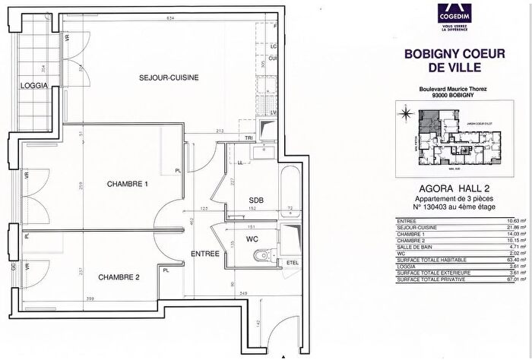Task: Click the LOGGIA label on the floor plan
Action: [x=34, y=87]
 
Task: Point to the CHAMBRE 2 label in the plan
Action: [x=119, y=277]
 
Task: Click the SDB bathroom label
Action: [x=256, y=201]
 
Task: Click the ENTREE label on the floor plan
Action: [x=204, y=253]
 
